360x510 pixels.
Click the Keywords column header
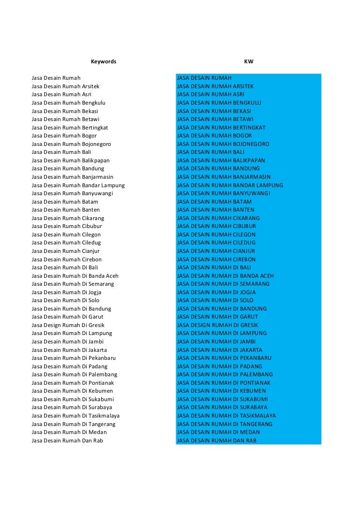click(x=103, y=61)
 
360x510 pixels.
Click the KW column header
click(x=248, y=61)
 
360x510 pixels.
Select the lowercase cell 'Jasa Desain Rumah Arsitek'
click(x=66, y=86)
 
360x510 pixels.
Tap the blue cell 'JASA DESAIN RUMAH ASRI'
click(x=210, y=94)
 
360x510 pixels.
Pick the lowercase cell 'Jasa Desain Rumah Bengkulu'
click(x=68, y=103)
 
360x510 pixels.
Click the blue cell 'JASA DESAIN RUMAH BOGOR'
click(x=214, y=136)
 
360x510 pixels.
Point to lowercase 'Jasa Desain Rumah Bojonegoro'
click(x=71, y=144)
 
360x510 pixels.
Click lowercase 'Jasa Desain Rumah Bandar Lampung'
click(x=78, y=185)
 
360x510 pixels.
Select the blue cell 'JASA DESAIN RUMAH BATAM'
click(x=214, y=202)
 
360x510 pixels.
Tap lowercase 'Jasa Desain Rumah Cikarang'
click(x=68, y=218)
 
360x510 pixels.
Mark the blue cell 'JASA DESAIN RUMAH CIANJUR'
click(x=216, y=251)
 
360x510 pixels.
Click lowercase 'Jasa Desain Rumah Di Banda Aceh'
click(x=75, y=276)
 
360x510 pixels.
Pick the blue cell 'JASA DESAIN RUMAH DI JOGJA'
click(x=216, y=292)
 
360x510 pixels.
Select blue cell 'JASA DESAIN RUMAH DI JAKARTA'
click(x=219, y=350)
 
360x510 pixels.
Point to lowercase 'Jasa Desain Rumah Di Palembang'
click(x=75, y=374)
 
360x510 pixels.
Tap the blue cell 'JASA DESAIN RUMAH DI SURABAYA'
click(x=222, y=407)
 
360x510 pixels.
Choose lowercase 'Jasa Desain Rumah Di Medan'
click(x=69, y=432)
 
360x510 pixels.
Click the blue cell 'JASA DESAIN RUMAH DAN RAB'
click(x=217, y=441)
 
